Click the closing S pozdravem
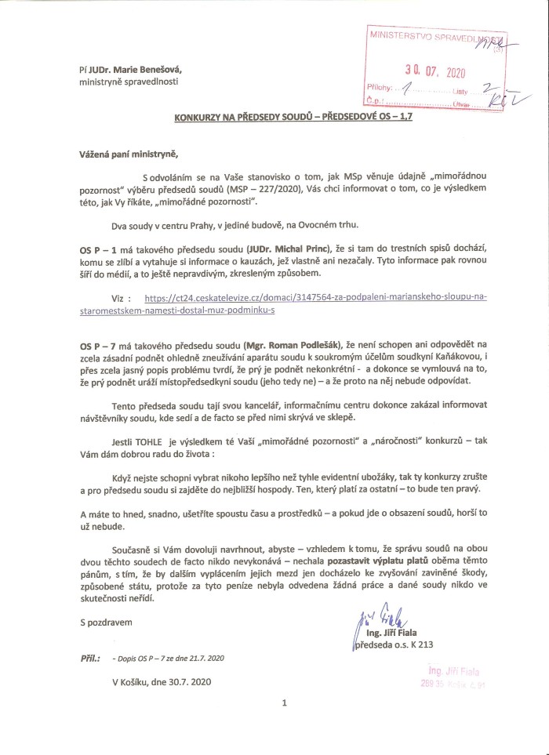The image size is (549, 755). tap(107, 623)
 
